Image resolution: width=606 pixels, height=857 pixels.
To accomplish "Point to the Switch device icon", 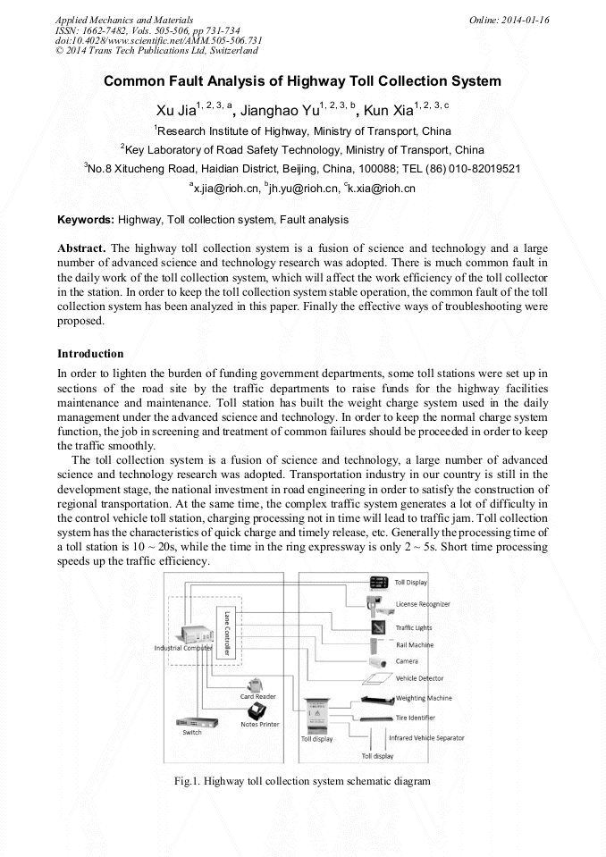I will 191,722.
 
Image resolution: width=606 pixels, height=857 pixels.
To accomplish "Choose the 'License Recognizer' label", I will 423,604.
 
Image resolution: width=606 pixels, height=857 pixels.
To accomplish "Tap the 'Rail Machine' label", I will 414,644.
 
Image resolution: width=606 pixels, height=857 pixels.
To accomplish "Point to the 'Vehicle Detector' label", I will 419,678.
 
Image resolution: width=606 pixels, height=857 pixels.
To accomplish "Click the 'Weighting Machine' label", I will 424,698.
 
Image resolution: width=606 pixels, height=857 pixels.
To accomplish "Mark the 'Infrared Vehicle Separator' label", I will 426,738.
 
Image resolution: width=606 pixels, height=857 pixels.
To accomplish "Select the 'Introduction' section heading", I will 90,354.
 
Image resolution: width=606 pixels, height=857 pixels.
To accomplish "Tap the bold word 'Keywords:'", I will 86,219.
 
